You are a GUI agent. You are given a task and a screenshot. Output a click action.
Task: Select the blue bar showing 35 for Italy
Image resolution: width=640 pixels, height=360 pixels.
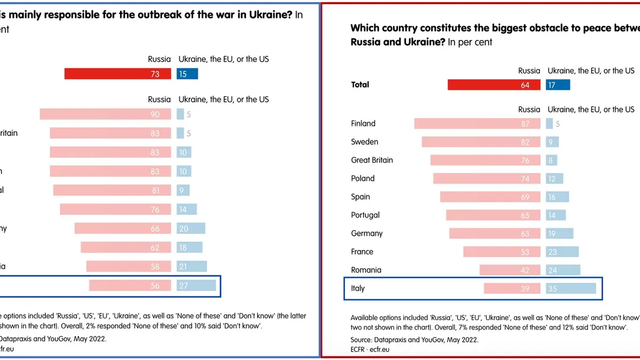[571, 288]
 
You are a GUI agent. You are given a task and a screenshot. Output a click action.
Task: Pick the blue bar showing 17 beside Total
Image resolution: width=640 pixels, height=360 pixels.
[557, 85]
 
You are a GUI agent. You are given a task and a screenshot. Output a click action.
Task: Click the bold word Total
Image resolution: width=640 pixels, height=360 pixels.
[360, 84]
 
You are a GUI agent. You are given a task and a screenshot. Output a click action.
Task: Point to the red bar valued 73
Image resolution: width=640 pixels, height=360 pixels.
[117, 74]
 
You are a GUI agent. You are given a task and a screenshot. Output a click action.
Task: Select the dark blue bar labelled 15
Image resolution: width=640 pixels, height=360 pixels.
[187, 74]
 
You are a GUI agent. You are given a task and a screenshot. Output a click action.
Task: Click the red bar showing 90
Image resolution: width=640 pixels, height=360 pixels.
[105, 114]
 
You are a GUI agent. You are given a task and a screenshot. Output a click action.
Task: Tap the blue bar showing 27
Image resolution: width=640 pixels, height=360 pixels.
[196, 285]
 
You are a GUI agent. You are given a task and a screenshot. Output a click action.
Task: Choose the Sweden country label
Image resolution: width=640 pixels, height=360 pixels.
[364, 142]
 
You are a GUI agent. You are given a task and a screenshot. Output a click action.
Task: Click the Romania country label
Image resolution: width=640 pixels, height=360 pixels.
[366, 270]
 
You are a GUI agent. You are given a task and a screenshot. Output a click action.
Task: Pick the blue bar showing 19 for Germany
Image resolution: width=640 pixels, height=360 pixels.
[559, 234]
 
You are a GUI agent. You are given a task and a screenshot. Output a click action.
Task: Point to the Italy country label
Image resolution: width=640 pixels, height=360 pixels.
[358, 288]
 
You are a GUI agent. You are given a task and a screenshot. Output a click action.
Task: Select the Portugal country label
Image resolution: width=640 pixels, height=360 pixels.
[365, 215]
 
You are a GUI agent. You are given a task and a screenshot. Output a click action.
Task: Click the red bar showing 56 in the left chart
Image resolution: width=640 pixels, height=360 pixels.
[130, 285]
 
